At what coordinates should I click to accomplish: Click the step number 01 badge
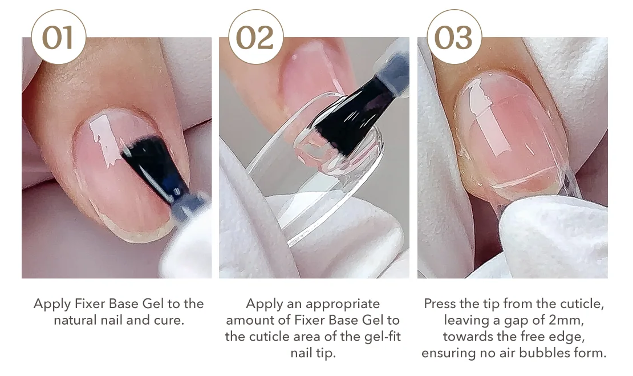(59, 37)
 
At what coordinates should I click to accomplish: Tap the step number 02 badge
(256, 37)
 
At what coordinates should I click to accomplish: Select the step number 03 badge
(454, 37)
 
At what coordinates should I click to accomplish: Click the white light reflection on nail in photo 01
(103, 139)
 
